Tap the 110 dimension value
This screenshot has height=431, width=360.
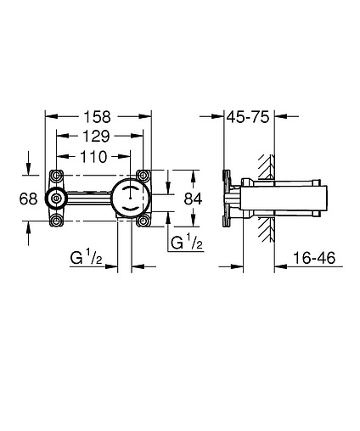point(94,155)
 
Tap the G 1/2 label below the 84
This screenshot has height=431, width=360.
point(187,243)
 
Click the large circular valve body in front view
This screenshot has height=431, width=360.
point(130,199)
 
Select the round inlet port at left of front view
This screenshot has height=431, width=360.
point(56,199)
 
